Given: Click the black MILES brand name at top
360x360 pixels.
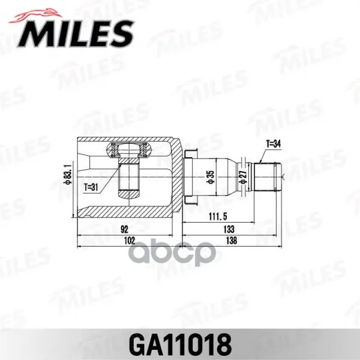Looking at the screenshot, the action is pos(76,34).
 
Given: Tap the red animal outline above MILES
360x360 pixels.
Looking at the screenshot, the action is pos(35,16).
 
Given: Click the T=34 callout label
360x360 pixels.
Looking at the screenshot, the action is pos(273,144).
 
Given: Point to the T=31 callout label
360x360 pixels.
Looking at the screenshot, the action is pos(91,187).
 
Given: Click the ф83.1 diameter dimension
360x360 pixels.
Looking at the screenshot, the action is pos(69,173).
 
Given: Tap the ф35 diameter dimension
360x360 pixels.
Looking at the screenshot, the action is pos(211,177).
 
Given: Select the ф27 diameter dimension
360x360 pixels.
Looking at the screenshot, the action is pos(243,177).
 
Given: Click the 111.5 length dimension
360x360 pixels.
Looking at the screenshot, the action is pos(218,216).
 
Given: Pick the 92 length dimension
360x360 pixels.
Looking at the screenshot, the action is pos(124,229).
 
